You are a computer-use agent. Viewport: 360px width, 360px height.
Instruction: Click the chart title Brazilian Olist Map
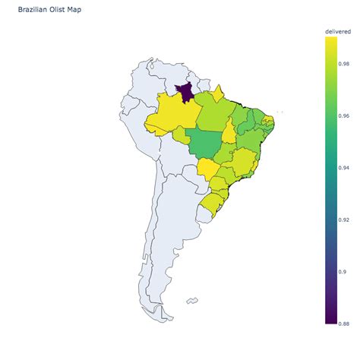click(51, 11)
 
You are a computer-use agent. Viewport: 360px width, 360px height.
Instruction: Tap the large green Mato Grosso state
click(206, 143)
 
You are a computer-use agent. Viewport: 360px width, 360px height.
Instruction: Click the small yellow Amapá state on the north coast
click(218, 94)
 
